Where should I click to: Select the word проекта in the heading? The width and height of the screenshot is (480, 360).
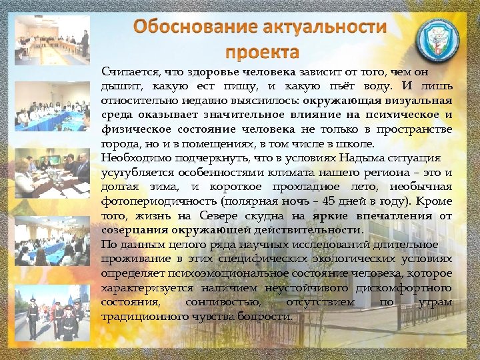coord(261,51)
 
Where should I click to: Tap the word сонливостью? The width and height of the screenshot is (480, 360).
coord(214,302)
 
